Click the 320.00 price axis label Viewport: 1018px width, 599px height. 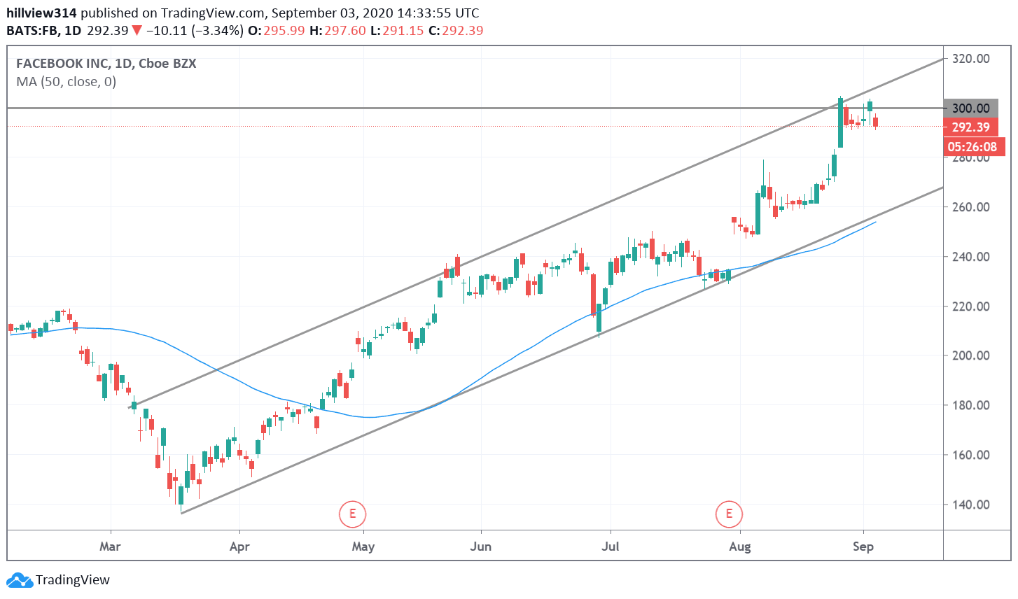(x=970, y=59)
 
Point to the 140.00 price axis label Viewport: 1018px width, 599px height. (x=970, y=505)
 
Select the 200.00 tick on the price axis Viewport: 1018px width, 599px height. (x=970, y=355)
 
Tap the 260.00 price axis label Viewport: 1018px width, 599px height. (x=970, y=207)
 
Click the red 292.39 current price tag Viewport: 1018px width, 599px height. (x=970, y=127)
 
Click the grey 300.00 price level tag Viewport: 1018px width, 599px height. (x=970, y=108)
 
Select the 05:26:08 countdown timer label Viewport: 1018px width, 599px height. (x=972, y=147)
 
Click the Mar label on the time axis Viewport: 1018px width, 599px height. (x=110, y=547)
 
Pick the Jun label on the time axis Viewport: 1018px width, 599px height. (x=480, y=547)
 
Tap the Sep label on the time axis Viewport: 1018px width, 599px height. (x=863, y=547)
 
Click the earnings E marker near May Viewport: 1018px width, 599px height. (x=352, y=514)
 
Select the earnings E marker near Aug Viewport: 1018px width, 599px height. (x=729, y=514)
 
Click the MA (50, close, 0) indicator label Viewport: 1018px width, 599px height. (x=67, y=82)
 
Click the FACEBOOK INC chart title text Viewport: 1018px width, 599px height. (x=62, y=64)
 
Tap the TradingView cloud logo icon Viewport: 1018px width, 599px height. (x=20, y=580)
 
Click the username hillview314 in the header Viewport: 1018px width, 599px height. (x=42, y=13)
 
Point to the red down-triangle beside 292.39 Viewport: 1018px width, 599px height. (x=137, y=31)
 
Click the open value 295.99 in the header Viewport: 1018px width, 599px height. (x=284, y=31)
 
